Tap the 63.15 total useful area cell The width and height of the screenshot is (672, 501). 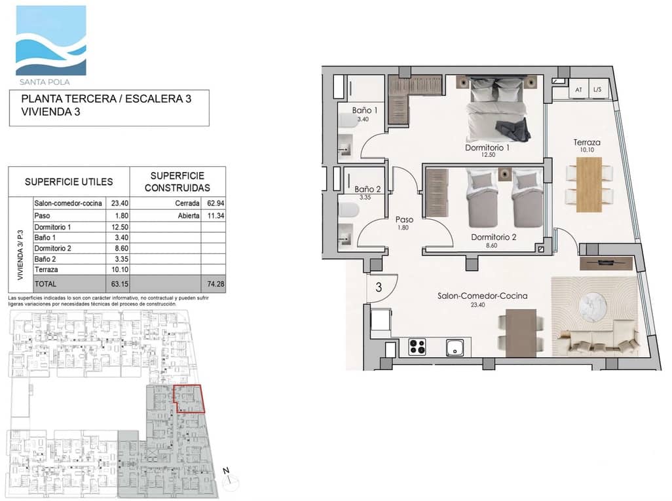click(119, 285)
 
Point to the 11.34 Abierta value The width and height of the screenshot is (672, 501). click(214, 215)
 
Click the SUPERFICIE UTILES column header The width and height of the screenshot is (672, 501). click(69, 182)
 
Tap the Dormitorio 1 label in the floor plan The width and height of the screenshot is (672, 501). click(487, 148)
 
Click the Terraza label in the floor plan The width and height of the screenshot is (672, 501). click(587, 142)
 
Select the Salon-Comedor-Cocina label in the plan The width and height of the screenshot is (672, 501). click(482, 296)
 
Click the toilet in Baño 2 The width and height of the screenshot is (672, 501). click(347, 209)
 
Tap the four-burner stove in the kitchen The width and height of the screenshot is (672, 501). click(417, 347)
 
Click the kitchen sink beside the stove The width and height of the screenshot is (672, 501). click(455, 347)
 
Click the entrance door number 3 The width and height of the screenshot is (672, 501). click(379, 286)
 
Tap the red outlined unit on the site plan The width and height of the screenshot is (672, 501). click(188, 399)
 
